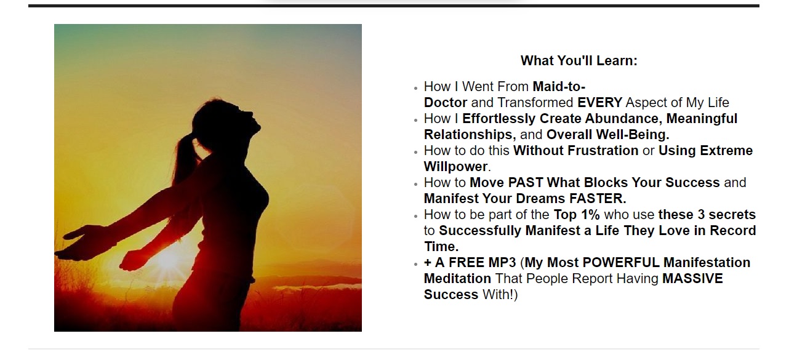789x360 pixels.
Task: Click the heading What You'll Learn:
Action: click(x=579, y=60)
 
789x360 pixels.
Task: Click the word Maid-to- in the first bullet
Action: click(x=559, y=86)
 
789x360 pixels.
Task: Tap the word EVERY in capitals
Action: click(x=600, y=103)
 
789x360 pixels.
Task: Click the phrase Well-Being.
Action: click(x=633, y=135)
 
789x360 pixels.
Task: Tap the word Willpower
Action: click(x=456, y=167)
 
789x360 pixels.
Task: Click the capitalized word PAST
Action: click(x=526, y=183)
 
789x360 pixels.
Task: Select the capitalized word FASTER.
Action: click(x=598, y=199)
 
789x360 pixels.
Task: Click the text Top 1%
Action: click(x=577, y=215)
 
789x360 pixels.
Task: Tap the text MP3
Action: click(x=502, y=262)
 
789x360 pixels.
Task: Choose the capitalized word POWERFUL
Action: click(x=621, y=262)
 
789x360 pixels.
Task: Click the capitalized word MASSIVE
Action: click(x=692, y=279)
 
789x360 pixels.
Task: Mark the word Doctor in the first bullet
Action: click(x=446, y=103)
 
